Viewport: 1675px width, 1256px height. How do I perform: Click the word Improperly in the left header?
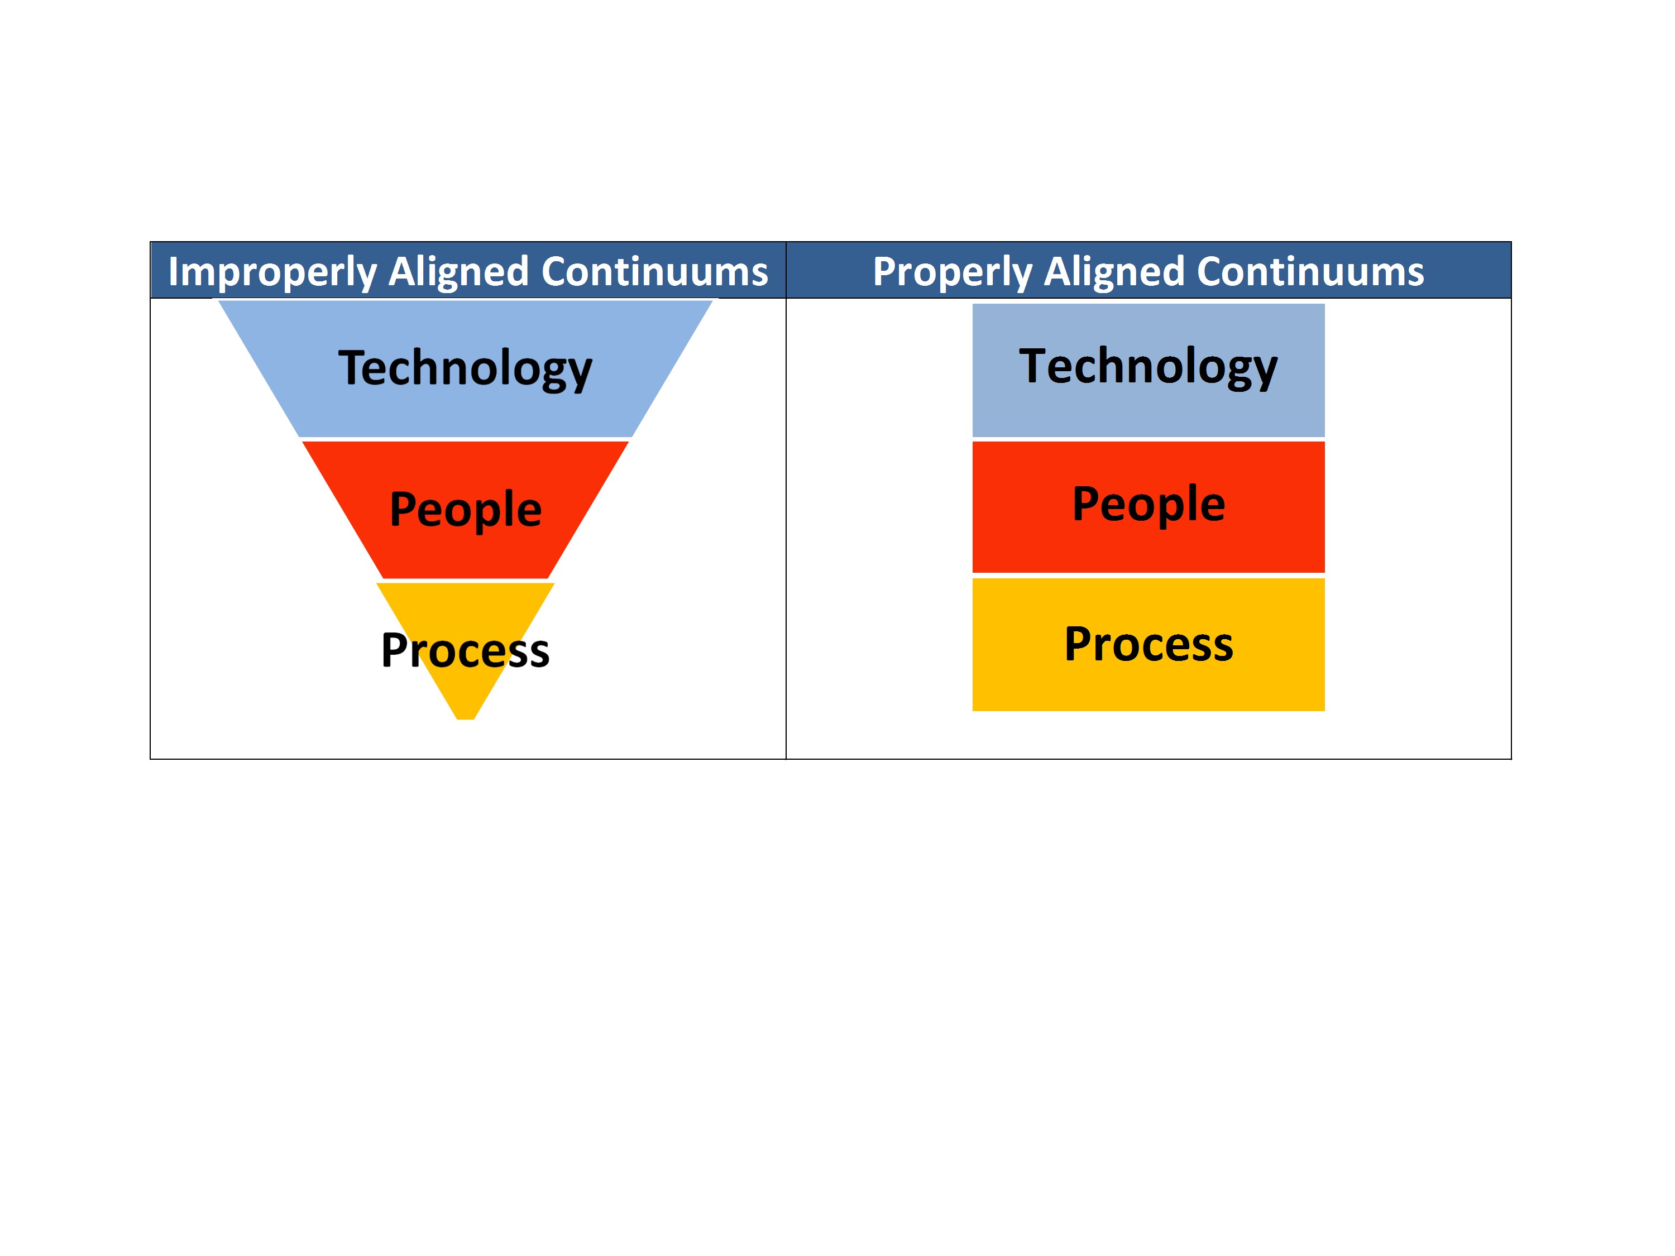click(272, 272)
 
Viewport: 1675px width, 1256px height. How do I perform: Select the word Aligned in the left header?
click(458, 272)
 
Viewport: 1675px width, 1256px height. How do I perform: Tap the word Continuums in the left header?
click(655, 271)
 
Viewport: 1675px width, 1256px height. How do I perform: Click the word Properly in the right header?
click(952, 272)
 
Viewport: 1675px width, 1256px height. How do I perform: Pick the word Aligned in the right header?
click(1114, 272)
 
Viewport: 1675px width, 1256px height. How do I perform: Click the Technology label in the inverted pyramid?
click(465, 370)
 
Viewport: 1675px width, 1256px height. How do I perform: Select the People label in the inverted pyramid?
click(466, 510)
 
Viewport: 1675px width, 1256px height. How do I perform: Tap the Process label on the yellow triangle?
click(465, 650)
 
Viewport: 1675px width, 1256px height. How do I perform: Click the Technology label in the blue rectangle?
click(1148, 368)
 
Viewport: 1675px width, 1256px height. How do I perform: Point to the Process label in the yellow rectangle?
click(1148, 644)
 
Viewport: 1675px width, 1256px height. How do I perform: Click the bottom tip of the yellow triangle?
click(465, 718)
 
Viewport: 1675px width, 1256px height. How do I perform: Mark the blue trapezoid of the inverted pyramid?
click(465, 368)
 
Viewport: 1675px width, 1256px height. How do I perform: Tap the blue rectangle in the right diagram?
click(1148, 370)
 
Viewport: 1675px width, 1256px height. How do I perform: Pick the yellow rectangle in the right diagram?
click(1148, 644)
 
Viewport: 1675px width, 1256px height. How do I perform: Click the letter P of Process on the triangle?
click(395, 650)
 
